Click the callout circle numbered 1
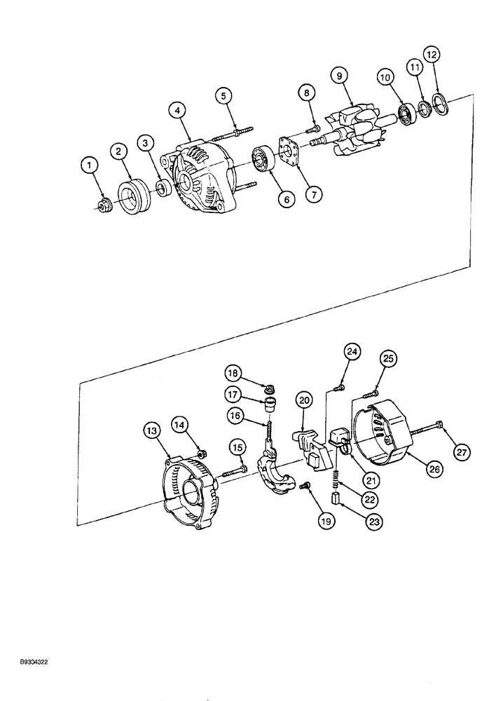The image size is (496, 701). coord(88,166)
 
